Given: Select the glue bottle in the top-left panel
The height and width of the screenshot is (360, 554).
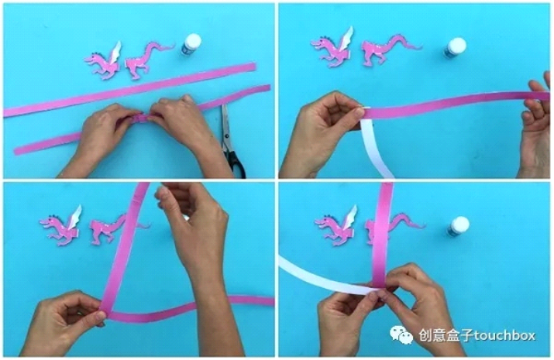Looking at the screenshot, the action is [191, 44].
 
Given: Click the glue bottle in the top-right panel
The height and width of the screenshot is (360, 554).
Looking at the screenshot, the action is [455, 48].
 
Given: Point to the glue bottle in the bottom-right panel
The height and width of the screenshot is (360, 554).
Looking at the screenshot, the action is [459, 227].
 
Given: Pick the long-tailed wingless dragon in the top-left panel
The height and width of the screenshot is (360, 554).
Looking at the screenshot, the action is [148, 60].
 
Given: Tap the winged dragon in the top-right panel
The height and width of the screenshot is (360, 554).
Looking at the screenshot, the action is [332, 48].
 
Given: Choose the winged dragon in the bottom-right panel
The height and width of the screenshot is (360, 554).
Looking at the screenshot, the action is [337, 226].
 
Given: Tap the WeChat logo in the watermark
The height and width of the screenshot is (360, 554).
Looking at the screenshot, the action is [401, 334].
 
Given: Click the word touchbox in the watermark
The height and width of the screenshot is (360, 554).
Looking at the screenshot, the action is [504, 335].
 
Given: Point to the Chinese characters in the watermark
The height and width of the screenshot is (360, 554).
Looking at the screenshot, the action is [446, 335].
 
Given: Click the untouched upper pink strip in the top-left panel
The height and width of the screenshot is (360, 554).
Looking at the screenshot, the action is [131, 90].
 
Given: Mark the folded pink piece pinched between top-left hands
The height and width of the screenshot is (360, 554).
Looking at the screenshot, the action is [140, 118].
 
